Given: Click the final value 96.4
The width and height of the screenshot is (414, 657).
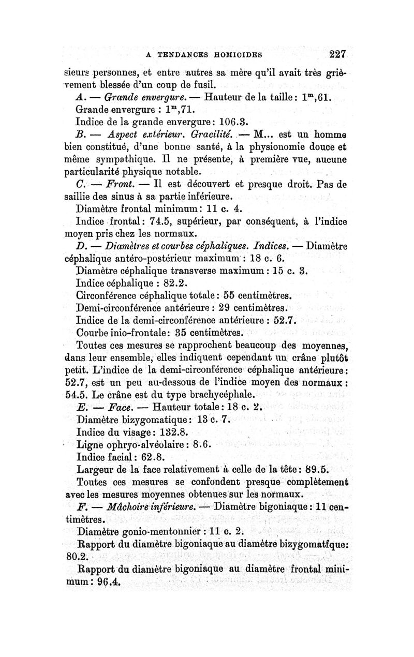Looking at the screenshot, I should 107,581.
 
